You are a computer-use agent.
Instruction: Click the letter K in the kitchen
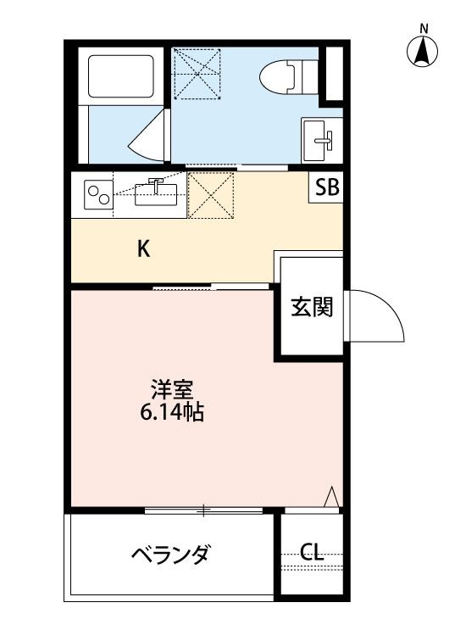[x=144, y=249]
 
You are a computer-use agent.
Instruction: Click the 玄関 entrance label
[x=312, y=308]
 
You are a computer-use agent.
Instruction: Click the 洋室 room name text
[x=173, y=391]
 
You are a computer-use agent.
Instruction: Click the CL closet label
[x=312, y=554]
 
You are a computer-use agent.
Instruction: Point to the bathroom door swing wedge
[x=151, y=137]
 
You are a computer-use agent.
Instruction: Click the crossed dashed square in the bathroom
[x=197, y=75]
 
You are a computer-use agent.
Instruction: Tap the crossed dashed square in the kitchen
[x=210, y=195]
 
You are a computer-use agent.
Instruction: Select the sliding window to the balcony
[x=203, y=510]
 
